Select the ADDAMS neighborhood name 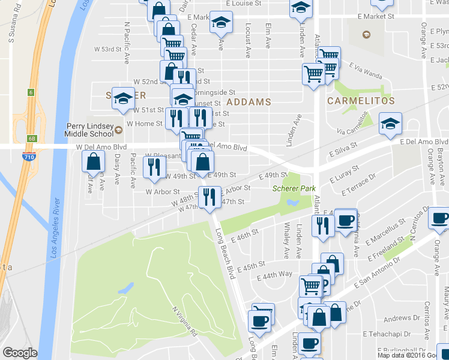pyautogui.click(x=248, y=102)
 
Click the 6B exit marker pyautogui.click(x=31, y=138)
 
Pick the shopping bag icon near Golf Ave pyautogui.click(x=94, y=161)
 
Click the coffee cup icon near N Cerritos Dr pyautogui.click(x=439, y=218)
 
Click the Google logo pyautogui.click(x=20, y=353)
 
